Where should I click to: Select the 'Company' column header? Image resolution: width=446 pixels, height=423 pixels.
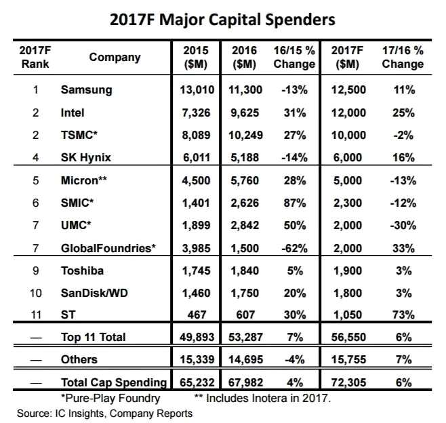(115, 57)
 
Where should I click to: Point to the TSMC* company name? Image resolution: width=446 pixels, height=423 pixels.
(78, 135)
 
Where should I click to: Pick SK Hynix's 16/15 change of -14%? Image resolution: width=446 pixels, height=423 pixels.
(293, 157)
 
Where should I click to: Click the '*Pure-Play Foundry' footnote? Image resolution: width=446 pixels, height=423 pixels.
(110, 398)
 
